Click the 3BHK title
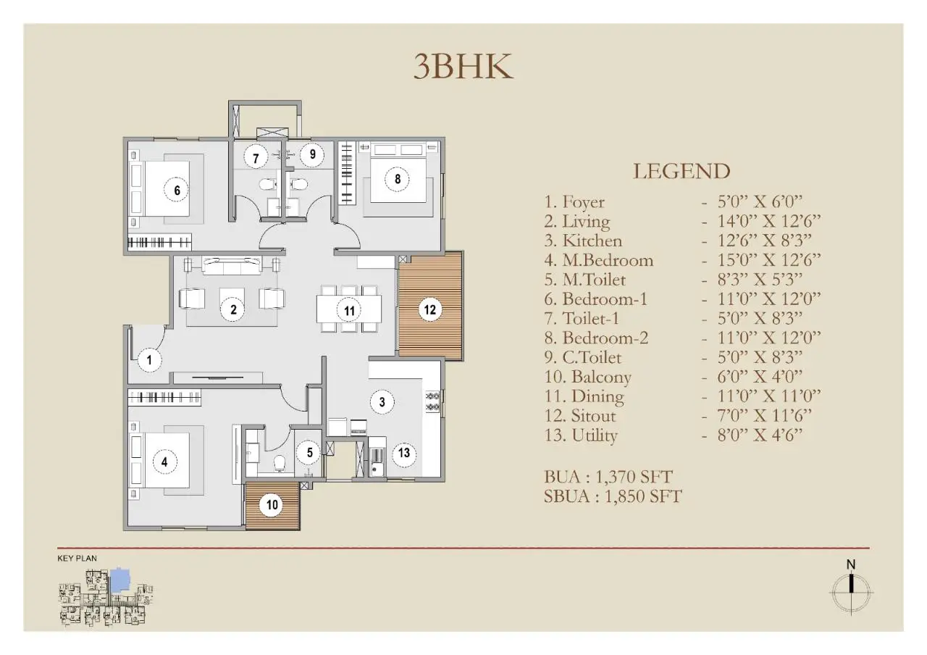[x=463, y=66]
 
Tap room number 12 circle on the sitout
[x=430, y=309]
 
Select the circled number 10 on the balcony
[x=270, y=504]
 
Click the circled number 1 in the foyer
[x=150, y=359]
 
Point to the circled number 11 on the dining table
[x=350, y=311]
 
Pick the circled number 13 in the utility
[x=404, y=454]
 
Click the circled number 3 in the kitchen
[x=382, y=401]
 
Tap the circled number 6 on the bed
[x=176, y=190]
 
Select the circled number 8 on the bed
[x=397, y=178]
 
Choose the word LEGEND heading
[x=681, y=171]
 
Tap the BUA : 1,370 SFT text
[x=608, y=477]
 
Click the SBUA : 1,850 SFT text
[x=613, y=496]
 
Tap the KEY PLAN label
[x=77, y=559]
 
